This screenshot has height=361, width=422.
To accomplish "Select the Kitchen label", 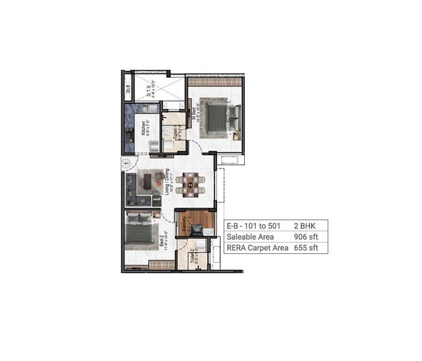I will click(143, 129).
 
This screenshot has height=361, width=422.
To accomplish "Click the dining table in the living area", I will click(191, 185).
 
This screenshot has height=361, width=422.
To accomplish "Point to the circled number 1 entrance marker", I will click(125, 162).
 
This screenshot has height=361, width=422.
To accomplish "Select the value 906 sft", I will click(305, 236).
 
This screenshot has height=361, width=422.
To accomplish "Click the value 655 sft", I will click(305, 247).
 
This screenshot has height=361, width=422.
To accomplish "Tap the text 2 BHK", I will click(304, 226).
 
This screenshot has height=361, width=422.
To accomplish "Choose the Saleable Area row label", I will click(249, 236).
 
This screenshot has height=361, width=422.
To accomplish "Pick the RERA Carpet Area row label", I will click(256, 247).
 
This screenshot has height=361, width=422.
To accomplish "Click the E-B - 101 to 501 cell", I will click(254, 226).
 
